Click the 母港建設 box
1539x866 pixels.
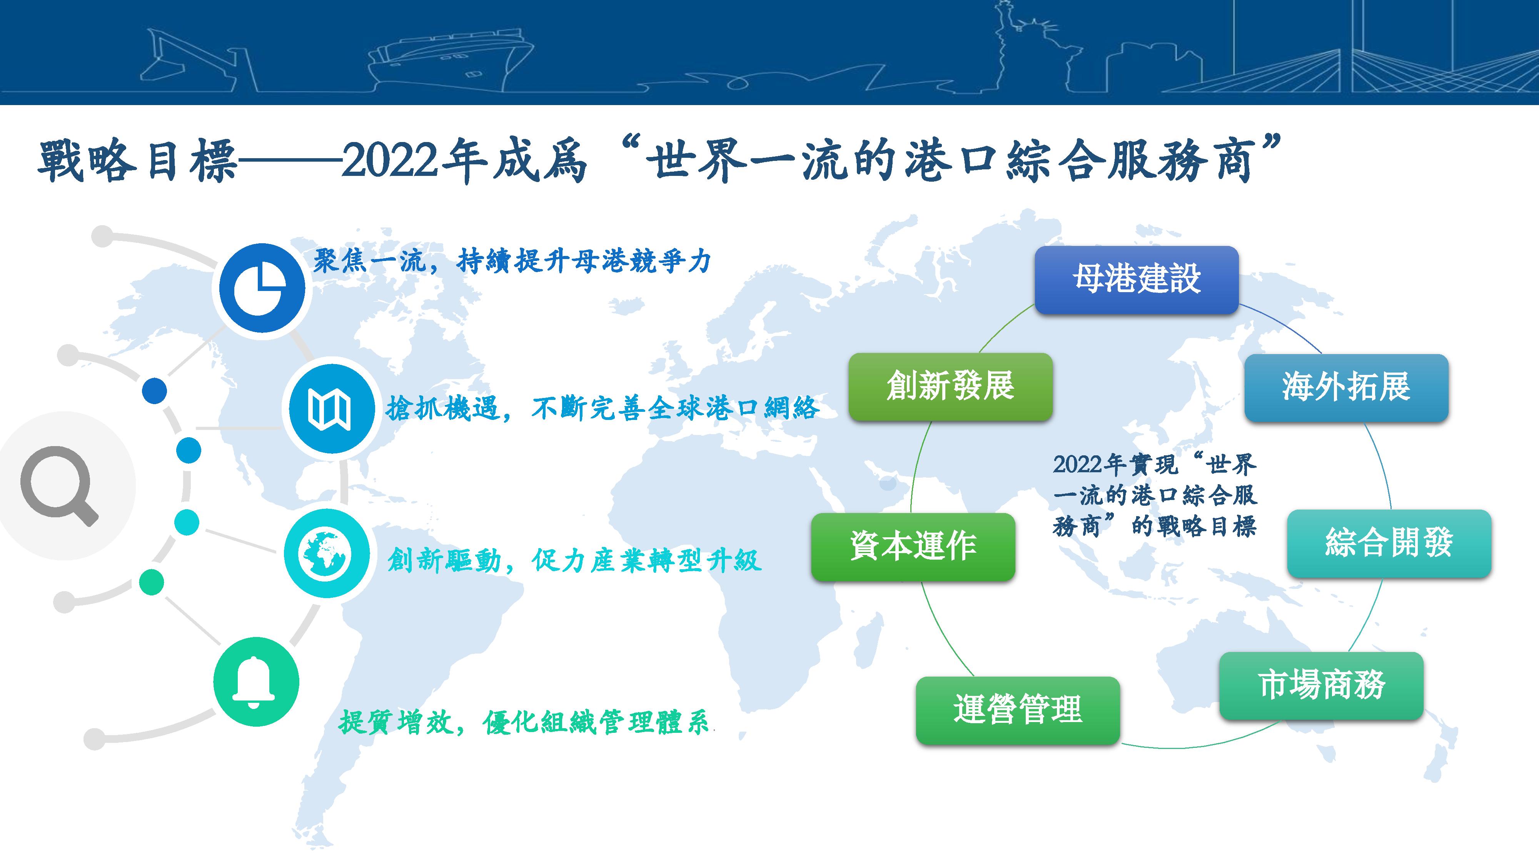click(x=1136, y=280)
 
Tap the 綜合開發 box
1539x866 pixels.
click(x=1389, y=543)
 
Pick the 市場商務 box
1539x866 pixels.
click(x=1321, y=685)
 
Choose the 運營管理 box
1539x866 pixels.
click(x=1017, y=710)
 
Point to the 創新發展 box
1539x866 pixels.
click(x=950, y=387)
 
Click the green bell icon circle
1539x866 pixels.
click(x=256, y=682)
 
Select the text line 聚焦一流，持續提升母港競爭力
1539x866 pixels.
click(x=512, y=261)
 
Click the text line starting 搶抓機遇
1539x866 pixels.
click(x=602, y=409)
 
